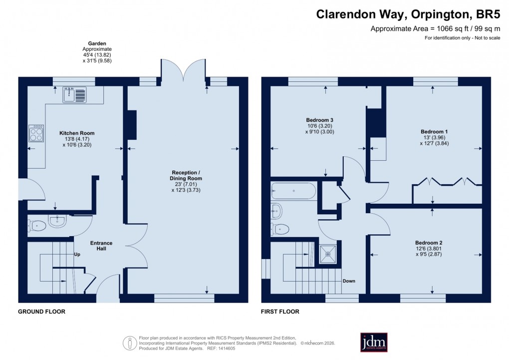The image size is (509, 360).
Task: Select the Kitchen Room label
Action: click(77, 133)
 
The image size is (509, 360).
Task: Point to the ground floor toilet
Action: click(37, 226)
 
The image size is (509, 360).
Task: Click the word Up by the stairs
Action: click(77, 254)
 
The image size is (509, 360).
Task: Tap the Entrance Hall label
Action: click(101, 246)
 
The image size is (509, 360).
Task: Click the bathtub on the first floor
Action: click(293, 191)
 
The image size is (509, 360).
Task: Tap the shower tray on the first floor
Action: click(328, 253)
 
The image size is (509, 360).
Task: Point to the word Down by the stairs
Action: click(349, 281)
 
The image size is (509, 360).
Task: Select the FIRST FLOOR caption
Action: click(280, 312)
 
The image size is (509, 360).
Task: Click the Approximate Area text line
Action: click(435, 29)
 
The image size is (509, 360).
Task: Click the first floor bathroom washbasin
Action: click(277, 210)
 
